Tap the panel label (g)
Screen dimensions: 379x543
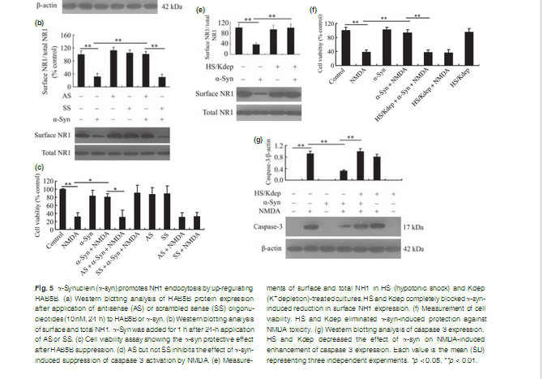(259, 140)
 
